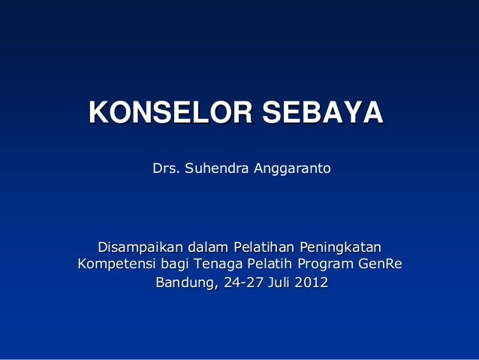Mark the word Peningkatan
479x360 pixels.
341,247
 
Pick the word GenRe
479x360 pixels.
380,265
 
